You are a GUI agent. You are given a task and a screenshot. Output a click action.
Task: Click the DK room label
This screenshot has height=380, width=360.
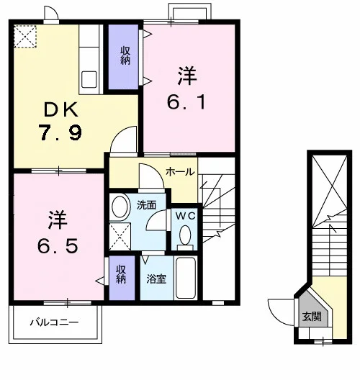pyautogui.click(x=61, y=110)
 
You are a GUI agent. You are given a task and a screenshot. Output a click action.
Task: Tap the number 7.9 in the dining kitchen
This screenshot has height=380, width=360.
pyautogui.click(x=61, y=133)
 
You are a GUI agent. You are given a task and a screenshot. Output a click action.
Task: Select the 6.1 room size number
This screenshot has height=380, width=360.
pyautogui.click(x=186, y=101)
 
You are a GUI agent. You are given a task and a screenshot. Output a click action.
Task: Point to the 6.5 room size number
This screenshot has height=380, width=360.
pyautogui.click(x=58, y=245)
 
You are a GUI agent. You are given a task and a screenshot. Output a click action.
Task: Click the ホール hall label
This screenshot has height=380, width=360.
pyautogui.click(x=180, y=172)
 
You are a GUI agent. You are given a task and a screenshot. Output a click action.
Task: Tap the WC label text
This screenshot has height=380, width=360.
pyautogui.click(x=185, y=216)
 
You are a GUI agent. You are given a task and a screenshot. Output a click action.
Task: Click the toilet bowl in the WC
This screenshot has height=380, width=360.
pyautogui.click(x=185, y=235)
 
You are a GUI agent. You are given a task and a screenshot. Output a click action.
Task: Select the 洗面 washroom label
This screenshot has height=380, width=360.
pyautogui.click(x=146, y=205)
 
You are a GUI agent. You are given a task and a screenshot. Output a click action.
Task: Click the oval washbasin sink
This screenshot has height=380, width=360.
pyautogui.click(x=120, y=207)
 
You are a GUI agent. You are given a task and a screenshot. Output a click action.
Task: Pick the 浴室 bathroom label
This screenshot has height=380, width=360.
pyautogui.click(x=156, y=279)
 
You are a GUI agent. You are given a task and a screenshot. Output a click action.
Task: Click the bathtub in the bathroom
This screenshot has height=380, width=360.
pyautogui.click(x=186, y=278)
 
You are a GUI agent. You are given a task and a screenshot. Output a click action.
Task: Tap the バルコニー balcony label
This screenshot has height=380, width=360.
pyautogui.click(x=54, y=322)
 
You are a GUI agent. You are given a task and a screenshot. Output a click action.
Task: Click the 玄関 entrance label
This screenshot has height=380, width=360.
pyautogui.click(x=312, y=316)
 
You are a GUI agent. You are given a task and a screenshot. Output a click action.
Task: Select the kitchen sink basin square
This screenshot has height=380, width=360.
pyautogui.click(x=89, y=79)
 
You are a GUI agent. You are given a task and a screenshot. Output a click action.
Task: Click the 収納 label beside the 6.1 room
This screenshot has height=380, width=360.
pyautogui.click(x=125, y=55)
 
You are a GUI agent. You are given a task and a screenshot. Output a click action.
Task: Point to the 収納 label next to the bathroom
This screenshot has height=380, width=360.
pyautogui.click(x=121, y=274)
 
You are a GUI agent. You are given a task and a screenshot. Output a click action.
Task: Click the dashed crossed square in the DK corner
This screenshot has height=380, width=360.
pyautogui.click(x=25, y=37)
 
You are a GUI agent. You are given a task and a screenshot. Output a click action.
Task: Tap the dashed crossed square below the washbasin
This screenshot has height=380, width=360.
pyautogui.click(x=120, y=236)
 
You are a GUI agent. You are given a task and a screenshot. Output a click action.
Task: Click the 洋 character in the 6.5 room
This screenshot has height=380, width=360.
pyautogui.click(x=58, y=220)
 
